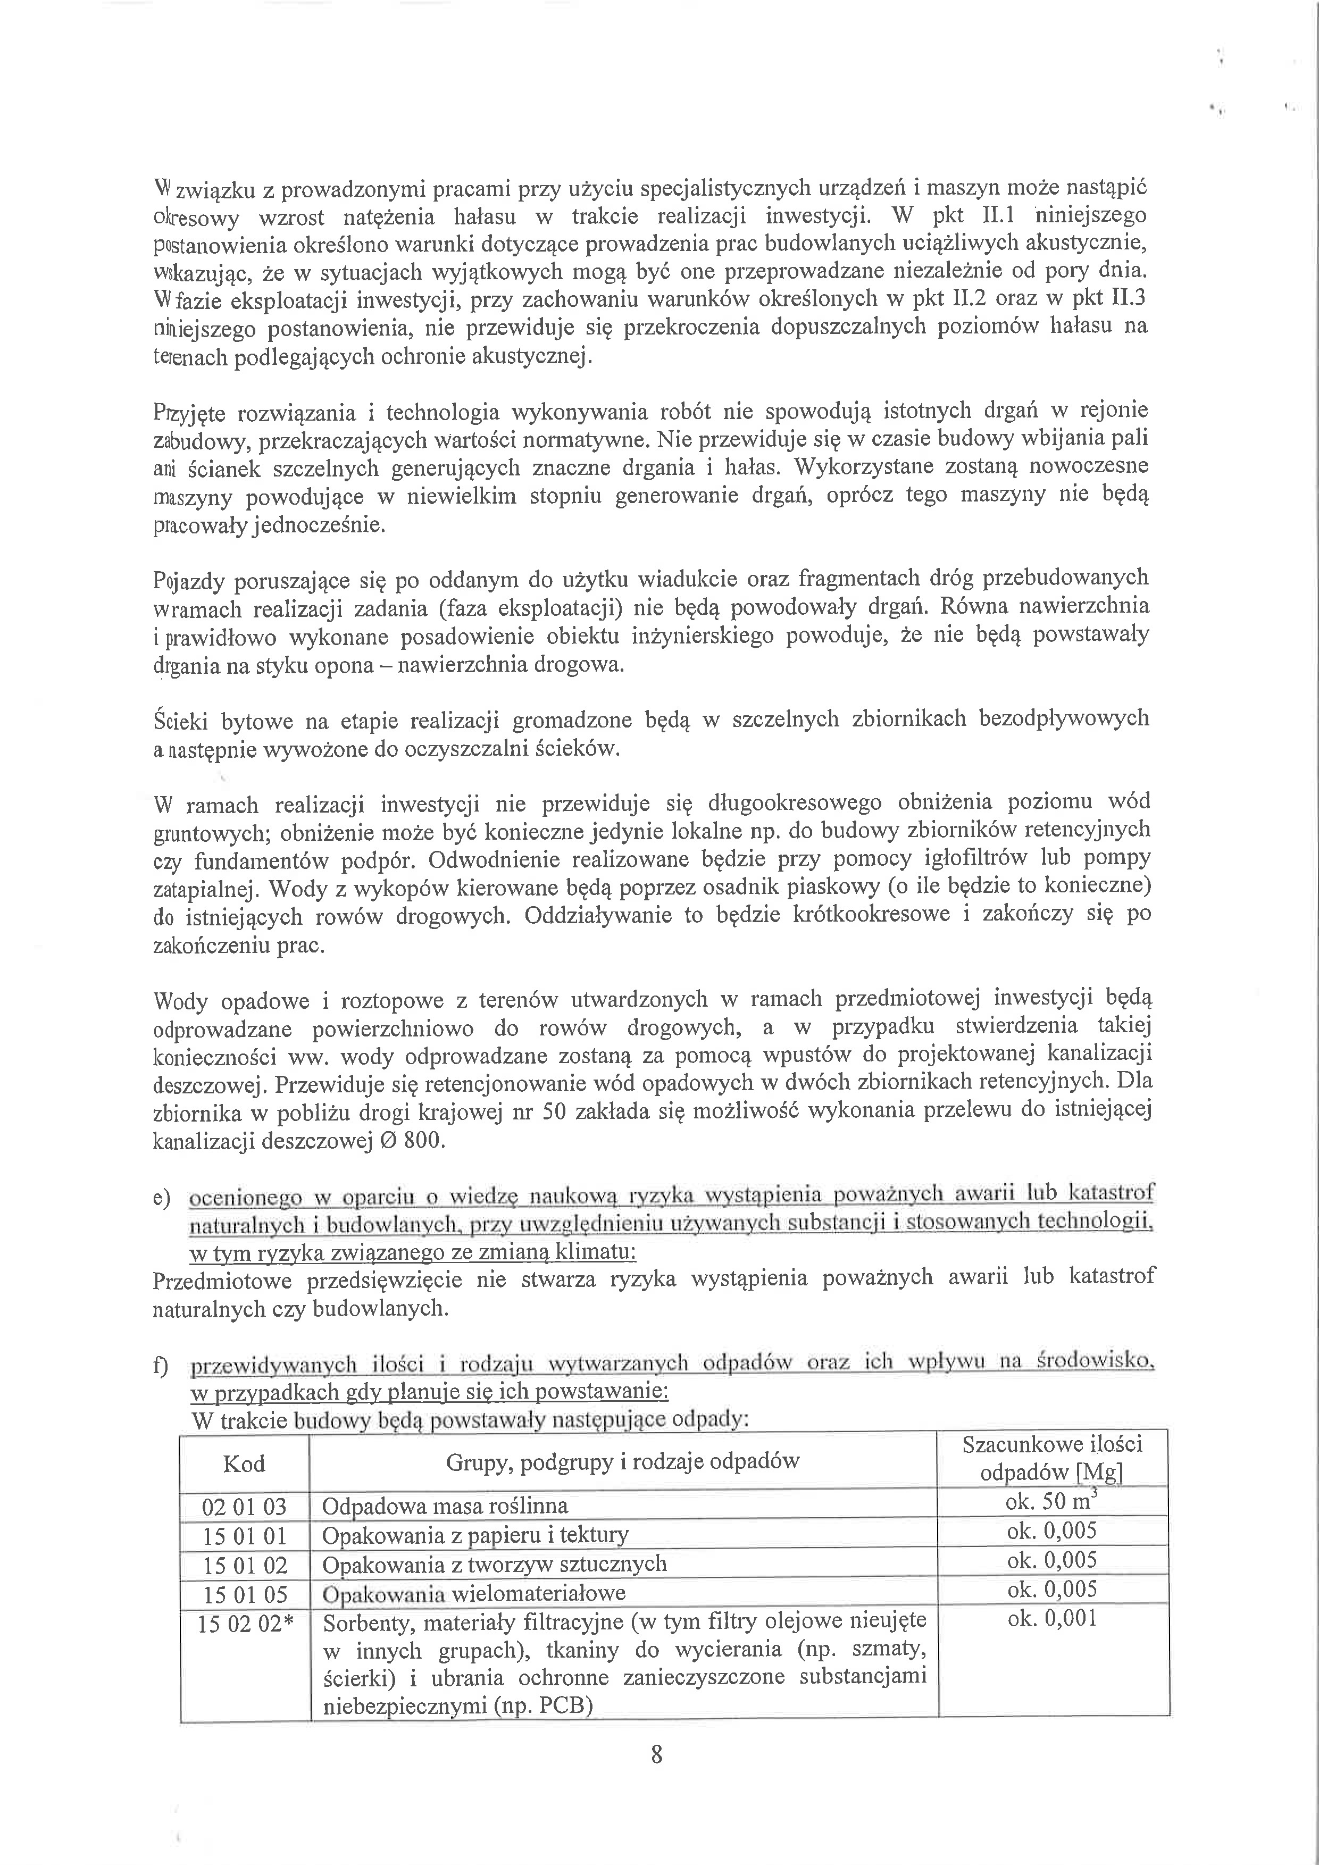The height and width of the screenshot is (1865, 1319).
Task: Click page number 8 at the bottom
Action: [656, 1754]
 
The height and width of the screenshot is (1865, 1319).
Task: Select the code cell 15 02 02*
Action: [245, 1623]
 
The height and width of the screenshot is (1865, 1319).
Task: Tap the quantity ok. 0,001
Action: [1052, 1619]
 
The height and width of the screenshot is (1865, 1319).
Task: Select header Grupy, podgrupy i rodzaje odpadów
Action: [622, 1462]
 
